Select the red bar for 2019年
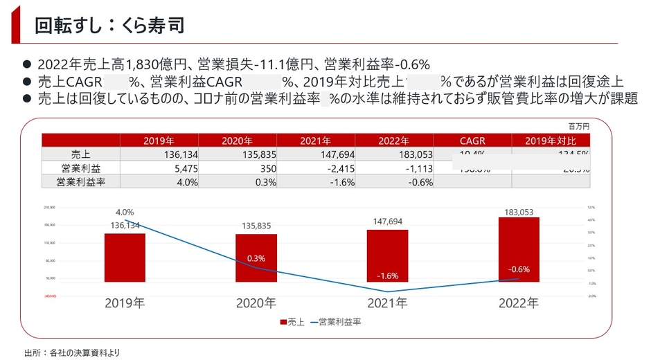click(125, 258)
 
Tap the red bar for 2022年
click(519, 249)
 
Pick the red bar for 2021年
click(387, 255)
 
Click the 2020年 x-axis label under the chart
click(256, 303)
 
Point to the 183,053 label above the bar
click(519, 213)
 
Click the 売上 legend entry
click(294, 322)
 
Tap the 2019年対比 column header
click(551, 141)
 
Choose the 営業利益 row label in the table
click(80, 168)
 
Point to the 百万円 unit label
click(578, 127)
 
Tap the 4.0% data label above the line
click(125, 213)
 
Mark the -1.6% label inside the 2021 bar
click(387, 276)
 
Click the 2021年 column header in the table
click(315, 141)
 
